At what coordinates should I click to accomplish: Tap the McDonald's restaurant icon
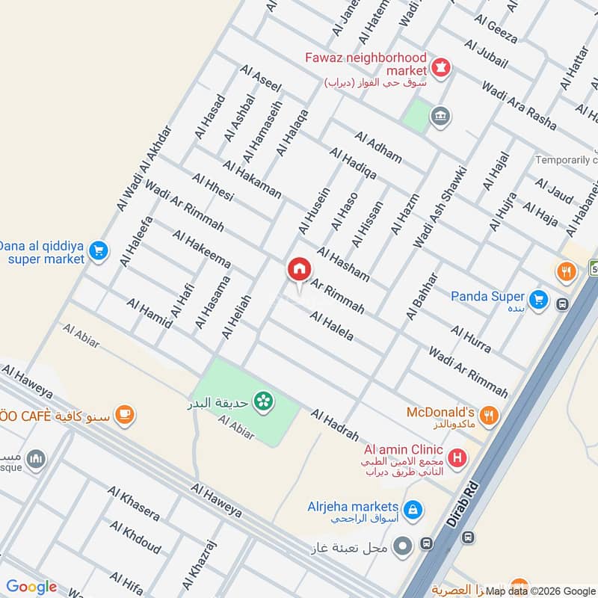(x=488, y=416)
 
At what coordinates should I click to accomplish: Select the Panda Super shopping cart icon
(x=540, y=300)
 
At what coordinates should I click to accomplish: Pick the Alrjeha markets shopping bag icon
(x=413, y=511)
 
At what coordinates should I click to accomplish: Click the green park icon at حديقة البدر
(x=263, y=402)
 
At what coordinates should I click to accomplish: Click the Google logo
(x=31, y=587)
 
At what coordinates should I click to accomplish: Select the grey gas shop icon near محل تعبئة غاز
(x=403, y=546)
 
